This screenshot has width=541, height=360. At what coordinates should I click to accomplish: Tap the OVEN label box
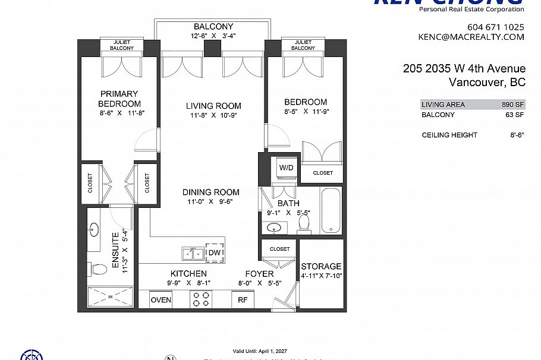[x=161, y=300]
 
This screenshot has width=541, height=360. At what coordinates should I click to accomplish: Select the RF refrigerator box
[x=243, y=300]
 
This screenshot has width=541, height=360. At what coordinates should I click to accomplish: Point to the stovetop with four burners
[x=201, y=299]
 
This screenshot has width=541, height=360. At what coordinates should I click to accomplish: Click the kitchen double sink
[x=191, y=254]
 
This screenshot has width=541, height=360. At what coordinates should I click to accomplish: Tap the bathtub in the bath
[x=331, y=211]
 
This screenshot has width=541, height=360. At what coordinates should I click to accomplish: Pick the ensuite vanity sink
[x=95, y=229]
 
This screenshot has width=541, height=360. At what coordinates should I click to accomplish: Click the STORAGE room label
[x=321, y=266]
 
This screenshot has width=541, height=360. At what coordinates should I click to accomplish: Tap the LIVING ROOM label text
[x=213, y=106]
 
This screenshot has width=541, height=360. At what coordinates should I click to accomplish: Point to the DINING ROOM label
[x=210, y=192]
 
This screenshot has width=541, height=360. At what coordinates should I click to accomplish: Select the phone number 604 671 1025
[x=496, y=27]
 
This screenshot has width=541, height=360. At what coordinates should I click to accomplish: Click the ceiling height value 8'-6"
[x=516, y=135]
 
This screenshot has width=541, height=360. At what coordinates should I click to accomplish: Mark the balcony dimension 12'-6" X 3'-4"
[x=213, y=35]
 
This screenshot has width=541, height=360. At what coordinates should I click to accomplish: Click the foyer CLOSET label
[x=279, y=249]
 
